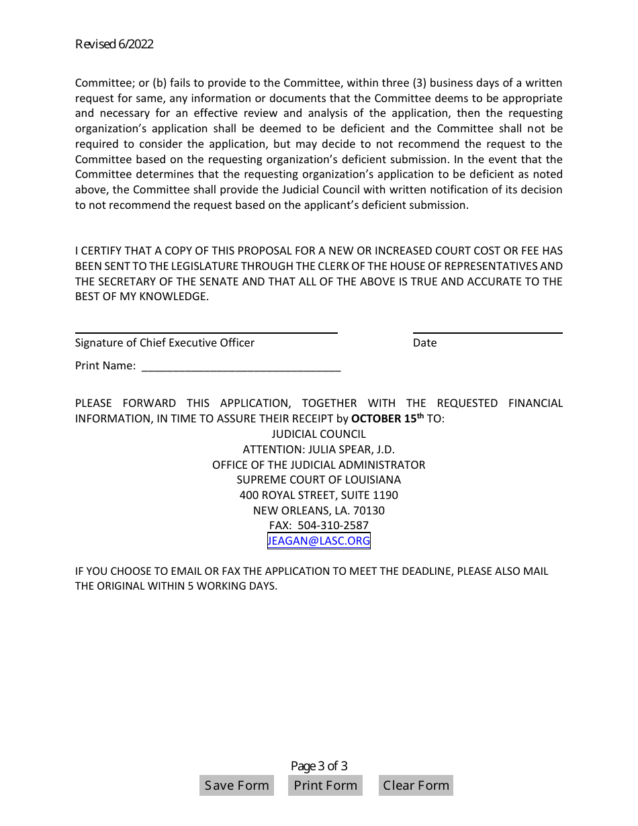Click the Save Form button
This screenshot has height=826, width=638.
236,785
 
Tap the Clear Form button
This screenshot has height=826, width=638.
416,785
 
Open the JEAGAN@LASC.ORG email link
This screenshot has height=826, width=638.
318,541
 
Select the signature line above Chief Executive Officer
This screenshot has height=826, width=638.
206,332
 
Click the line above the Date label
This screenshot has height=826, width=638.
488,332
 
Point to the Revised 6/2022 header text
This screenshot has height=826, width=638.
114,44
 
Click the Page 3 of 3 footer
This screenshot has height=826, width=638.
319,766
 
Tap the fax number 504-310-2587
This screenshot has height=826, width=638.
333,525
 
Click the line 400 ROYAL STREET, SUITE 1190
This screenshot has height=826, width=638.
318,495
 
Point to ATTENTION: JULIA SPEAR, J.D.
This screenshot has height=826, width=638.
318,449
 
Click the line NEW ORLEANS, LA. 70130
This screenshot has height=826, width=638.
318,510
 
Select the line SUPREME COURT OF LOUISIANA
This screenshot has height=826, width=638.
318,479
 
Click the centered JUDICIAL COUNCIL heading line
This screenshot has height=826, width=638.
318,434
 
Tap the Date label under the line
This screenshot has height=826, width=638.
424,342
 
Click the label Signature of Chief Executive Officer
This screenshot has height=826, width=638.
165,342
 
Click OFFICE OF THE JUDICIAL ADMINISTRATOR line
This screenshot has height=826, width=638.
318,465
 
